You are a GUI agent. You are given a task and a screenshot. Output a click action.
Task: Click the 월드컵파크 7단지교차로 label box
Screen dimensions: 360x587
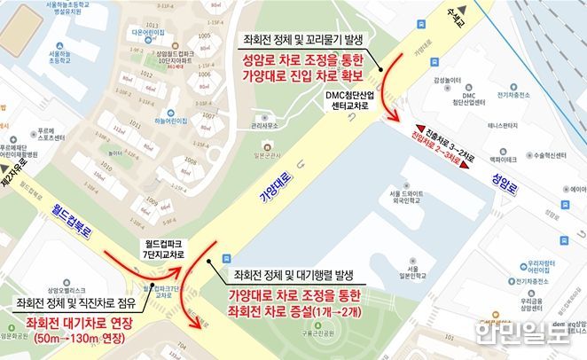coord(166,247)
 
